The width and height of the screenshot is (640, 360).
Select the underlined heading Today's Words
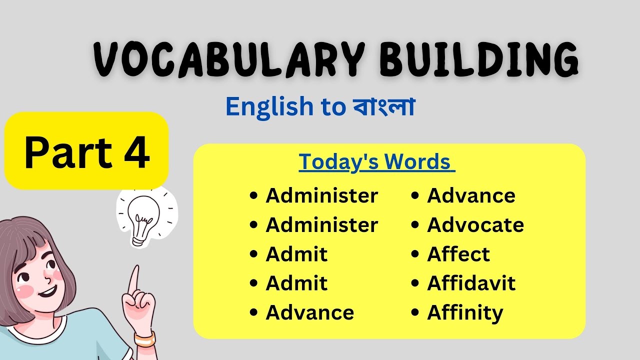tap(376, 162)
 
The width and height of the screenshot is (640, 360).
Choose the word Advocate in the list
tap(475, 225)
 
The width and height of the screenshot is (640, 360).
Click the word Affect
tap(458, 254)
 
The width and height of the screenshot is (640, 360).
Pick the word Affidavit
tap(471, 284)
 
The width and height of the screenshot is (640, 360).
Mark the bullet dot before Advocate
tap(415, 225)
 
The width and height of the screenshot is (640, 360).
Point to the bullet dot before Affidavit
tap(415, 284)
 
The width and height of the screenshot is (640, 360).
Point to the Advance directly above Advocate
tap(471, 195)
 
